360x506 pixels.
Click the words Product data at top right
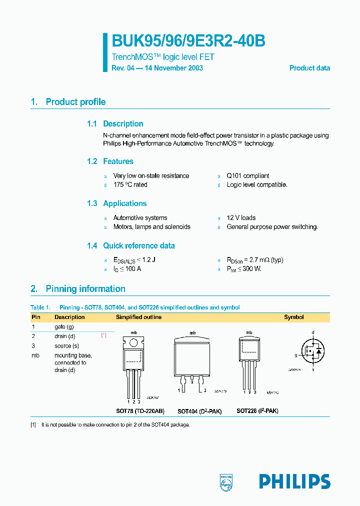tap(309, 68)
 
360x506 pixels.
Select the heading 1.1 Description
tap(115, 124)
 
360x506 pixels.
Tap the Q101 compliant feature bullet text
tap(248, 176)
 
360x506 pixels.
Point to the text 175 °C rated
tap(130, 185)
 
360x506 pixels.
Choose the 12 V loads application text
tap(241, 218)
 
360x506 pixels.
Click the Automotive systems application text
tap(140, 218)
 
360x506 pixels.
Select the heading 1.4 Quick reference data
tap(131, 246)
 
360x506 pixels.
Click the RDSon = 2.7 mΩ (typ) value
tap(255, 260)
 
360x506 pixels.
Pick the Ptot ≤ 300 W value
tap(244, 269)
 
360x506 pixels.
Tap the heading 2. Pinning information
tap(78, 289)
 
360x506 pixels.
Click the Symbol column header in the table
tap(294, 317)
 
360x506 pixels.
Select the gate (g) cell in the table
tap(64, 326)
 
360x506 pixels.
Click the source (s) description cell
tap(67, 346)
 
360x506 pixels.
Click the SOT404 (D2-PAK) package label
tap(199, 411)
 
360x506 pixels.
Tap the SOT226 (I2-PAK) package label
tap(257, 411)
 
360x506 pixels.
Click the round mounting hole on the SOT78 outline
tap(134, 343)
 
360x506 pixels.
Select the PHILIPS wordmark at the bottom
tap(294, 481)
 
